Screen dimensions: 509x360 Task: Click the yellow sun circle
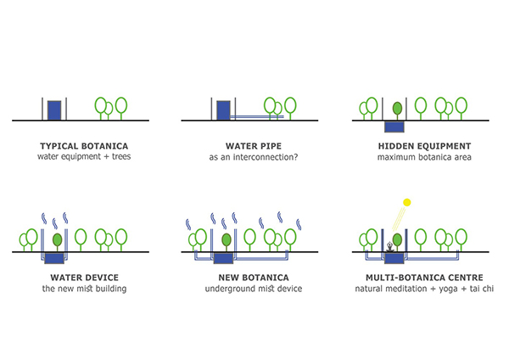point(406,202)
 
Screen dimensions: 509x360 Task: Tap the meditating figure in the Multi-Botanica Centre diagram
point(390,247)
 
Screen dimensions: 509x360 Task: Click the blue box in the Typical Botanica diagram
point(54,110)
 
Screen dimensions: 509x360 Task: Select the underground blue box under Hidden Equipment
point(394,127)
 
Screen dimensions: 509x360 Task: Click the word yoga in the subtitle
point(448,289)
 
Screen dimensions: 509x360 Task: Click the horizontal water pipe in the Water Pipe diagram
point(257,116)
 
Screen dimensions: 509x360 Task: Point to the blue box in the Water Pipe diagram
point(223,110)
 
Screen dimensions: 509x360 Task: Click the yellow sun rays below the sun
point(400,219)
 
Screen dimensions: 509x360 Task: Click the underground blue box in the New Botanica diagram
point(223,259)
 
